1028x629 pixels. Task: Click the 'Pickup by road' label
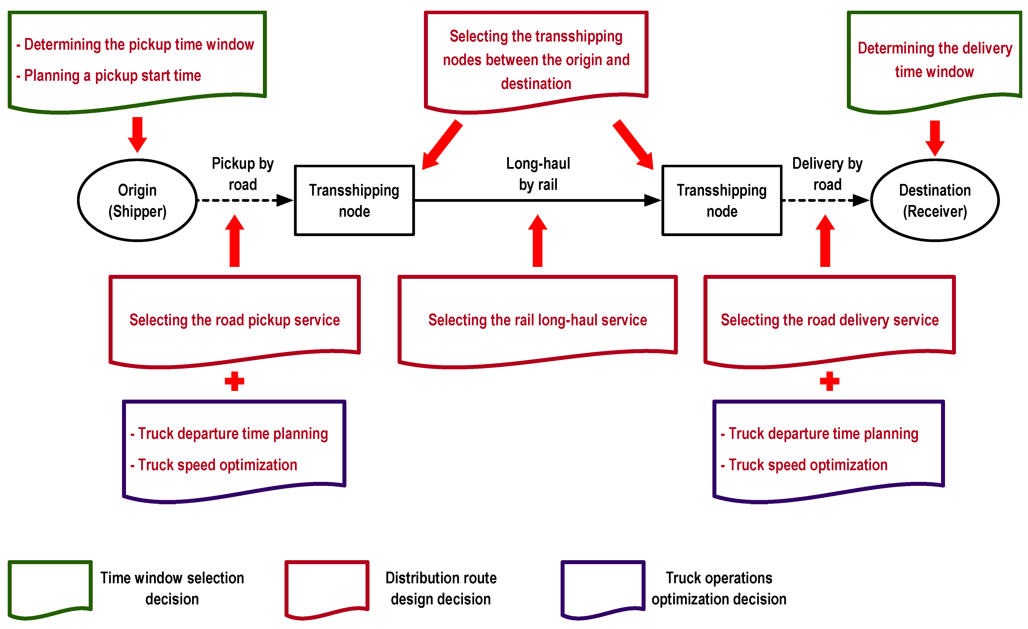(x=243, y=174)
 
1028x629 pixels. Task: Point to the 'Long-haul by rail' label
(x=538, y=174)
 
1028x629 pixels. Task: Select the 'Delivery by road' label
(x=827, y=174)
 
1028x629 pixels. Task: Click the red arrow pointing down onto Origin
(x=137, y=135)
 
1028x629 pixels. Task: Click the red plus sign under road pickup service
(x=235, y=381)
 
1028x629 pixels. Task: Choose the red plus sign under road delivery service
(x=829, y=381)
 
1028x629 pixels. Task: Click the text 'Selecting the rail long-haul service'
(x=537, y=320)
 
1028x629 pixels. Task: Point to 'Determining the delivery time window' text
(x=935, y=60)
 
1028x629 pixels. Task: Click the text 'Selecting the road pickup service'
(x=235, y=320)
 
